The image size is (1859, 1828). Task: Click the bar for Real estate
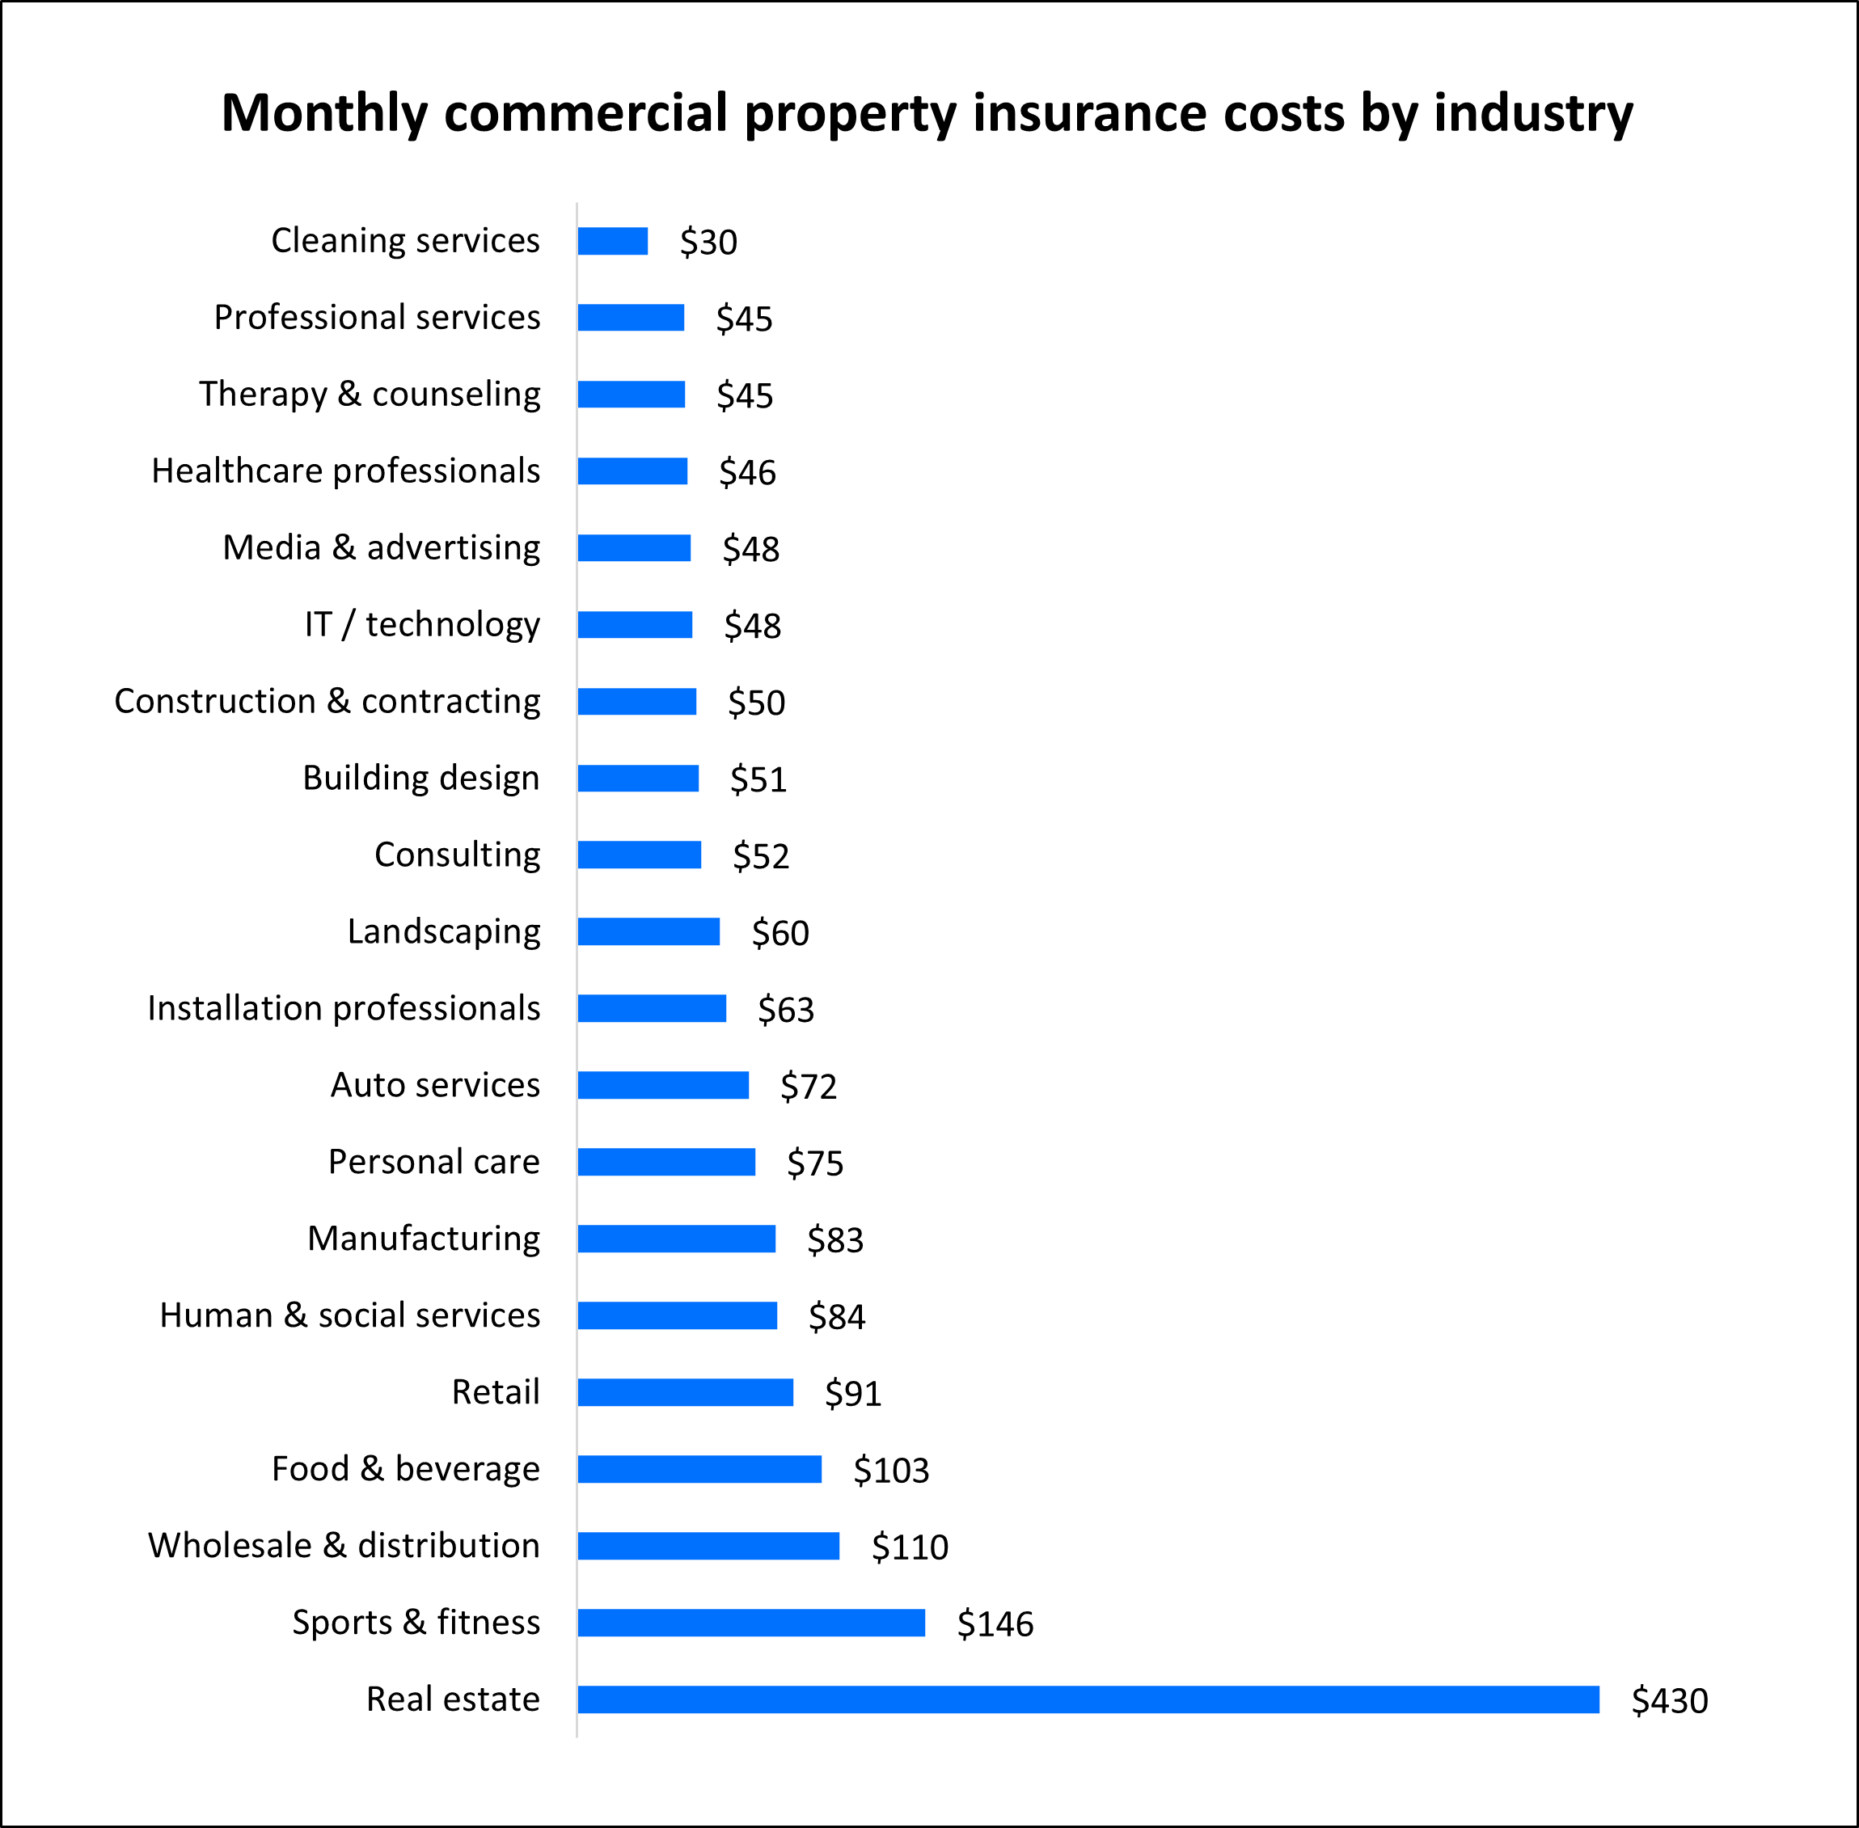(1088, 1699)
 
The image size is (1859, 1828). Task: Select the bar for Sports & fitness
(751, 1623)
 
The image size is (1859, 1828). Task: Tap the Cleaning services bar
(613, 241)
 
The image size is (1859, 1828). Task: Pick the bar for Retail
(686, 1392)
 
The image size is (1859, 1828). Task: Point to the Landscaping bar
(649, 931)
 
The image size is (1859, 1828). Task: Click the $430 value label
(1669, 1700)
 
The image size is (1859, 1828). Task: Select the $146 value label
(995, 1623)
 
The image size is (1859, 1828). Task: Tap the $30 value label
(708, 242)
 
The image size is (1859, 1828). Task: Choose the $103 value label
(891, 1470)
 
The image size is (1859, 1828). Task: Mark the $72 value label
(808, 1086)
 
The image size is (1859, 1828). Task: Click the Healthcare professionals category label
(346, 471)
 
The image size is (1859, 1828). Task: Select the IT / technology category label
(421, 624)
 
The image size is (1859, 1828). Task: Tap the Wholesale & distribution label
(344, 1545)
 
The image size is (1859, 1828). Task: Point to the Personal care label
(434, 1162)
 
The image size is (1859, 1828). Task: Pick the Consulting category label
(457, 855)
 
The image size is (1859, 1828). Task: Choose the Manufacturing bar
(676, 1239)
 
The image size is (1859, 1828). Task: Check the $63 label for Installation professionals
(785, 1009)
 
